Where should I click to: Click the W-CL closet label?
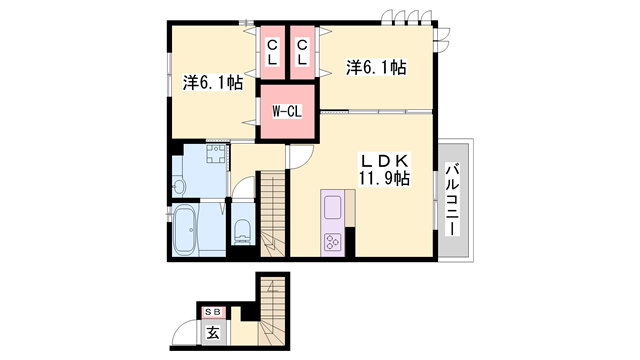point(287,111)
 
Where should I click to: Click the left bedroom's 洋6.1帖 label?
point(212,85)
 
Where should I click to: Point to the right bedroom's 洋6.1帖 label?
point(376,67)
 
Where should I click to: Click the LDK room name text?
point(385,160)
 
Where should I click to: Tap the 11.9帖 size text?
point(385,179)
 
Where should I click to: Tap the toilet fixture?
point(243,231)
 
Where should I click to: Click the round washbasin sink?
point(178,186)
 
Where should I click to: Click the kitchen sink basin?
point(333,207)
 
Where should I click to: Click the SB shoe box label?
point(214,310)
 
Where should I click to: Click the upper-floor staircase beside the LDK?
point(273,220)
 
